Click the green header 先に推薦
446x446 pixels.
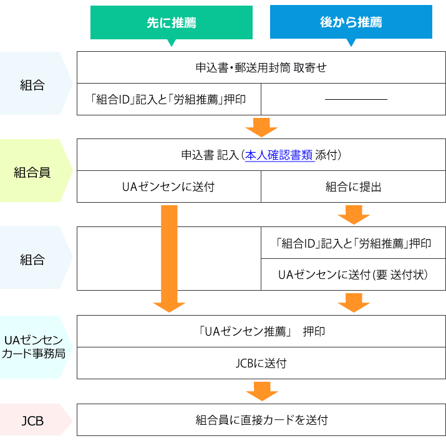(172, 23)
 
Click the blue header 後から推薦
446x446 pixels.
(351, 23)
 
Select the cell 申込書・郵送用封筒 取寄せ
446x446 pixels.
(261, 67)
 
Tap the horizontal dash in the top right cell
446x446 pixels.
(356, 99)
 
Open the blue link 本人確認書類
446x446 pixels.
(279, 155)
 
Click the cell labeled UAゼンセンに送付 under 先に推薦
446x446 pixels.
(168, 187)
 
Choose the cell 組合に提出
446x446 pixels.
(354, 187)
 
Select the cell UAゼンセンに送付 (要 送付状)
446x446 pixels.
(354, 274)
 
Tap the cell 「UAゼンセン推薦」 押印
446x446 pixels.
(261, 331)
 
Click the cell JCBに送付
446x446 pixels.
(261, 363)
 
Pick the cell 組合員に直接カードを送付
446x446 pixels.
(261, 420)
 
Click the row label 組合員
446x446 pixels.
(32, 172)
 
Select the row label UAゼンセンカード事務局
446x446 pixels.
(32, 347)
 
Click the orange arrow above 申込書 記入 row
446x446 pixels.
(261, 127)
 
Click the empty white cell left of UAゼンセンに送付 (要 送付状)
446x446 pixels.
(168, 258)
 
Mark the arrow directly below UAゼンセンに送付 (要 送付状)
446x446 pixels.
(354, 302)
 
